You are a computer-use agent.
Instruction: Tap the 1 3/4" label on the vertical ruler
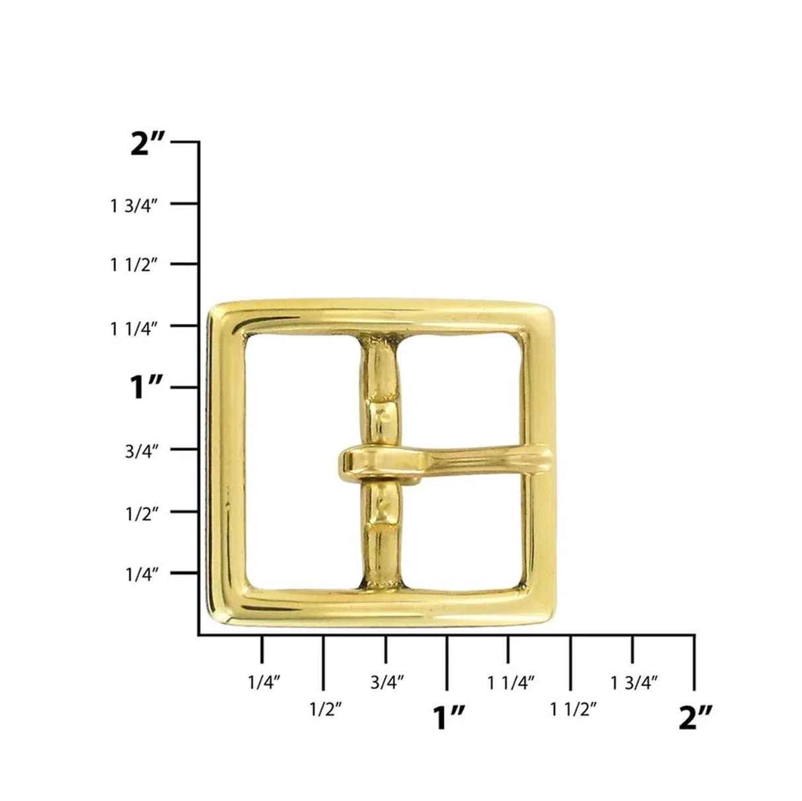[134, 205]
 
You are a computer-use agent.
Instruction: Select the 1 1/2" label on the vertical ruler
[134, 265]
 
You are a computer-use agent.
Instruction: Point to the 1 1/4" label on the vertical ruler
[134, 328]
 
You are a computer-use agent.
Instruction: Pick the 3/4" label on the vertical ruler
[141, 452]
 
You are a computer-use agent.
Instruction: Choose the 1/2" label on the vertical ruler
[141, 513]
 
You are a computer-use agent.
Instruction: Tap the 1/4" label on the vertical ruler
[141, 575]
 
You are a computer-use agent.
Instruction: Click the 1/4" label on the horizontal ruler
[264, 681]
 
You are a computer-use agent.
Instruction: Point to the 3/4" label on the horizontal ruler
[387, 681]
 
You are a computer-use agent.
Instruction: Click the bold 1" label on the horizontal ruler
[449, 717]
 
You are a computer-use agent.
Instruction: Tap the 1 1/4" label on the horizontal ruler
[511, 681]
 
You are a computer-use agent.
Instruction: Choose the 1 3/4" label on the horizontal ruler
[634, 681]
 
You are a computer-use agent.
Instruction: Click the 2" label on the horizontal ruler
[696, 717]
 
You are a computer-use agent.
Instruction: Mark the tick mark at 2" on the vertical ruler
[184, 142]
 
